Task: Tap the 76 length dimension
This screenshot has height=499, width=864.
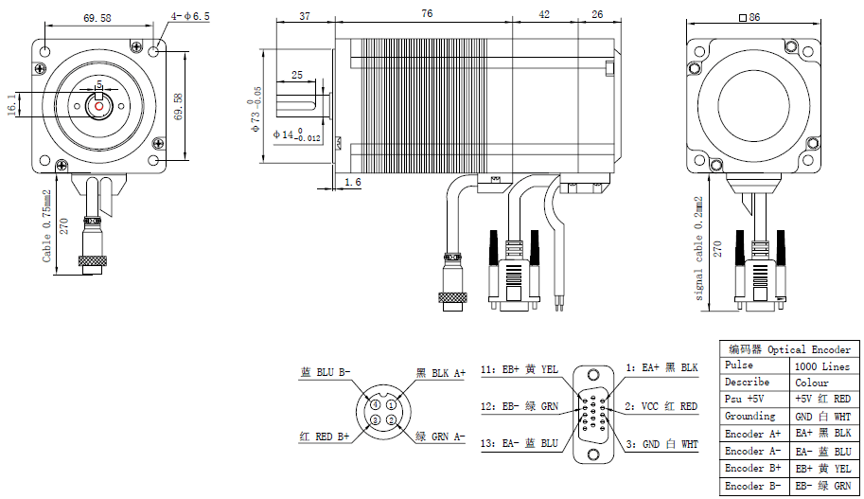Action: click(427, 14)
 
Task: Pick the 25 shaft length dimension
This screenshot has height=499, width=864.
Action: click(297, 74)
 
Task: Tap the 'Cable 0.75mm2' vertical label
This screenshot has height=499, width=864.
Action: click(46, 226)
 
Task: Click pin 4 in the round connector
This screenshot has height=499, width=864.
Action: click(376, 405)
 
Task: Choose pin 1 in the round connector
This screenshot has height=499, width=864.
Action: click(391, 405)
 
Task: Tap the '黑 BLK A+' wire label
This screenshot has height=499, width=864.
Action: click(441, 373)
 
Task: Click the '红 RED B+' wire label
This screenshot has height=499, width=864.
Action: click(325, 437)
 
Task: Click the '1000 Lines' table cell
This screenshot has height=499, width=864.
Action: click(822, 365)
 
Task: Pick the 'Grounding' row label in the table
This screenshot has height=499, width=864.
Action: click(750, 417)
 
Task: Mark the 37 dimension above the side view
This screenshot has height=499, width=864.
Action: click(305, 14)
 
